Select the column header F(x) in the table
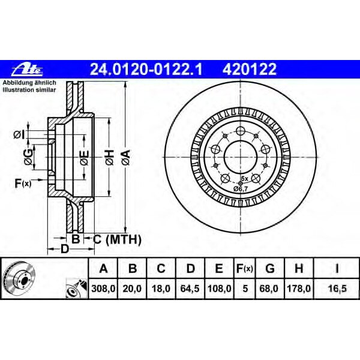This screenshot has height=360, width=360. pyautogui.click(x=244, y=268)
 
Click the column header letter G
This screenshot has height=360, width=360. pyautogui.click(x=270, y=268)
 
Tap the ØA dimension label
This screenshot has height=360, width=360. pyautogui.click(x=125, y=158)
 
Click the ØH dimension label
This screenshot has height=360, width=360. pyautogui.click(x=109, y=158)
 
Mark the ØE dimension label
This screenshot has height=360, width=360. pyautogui.click(x=84, y=158)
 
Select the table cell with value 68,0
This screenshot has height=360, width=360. pyautogui.click(x=270, y=289)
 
